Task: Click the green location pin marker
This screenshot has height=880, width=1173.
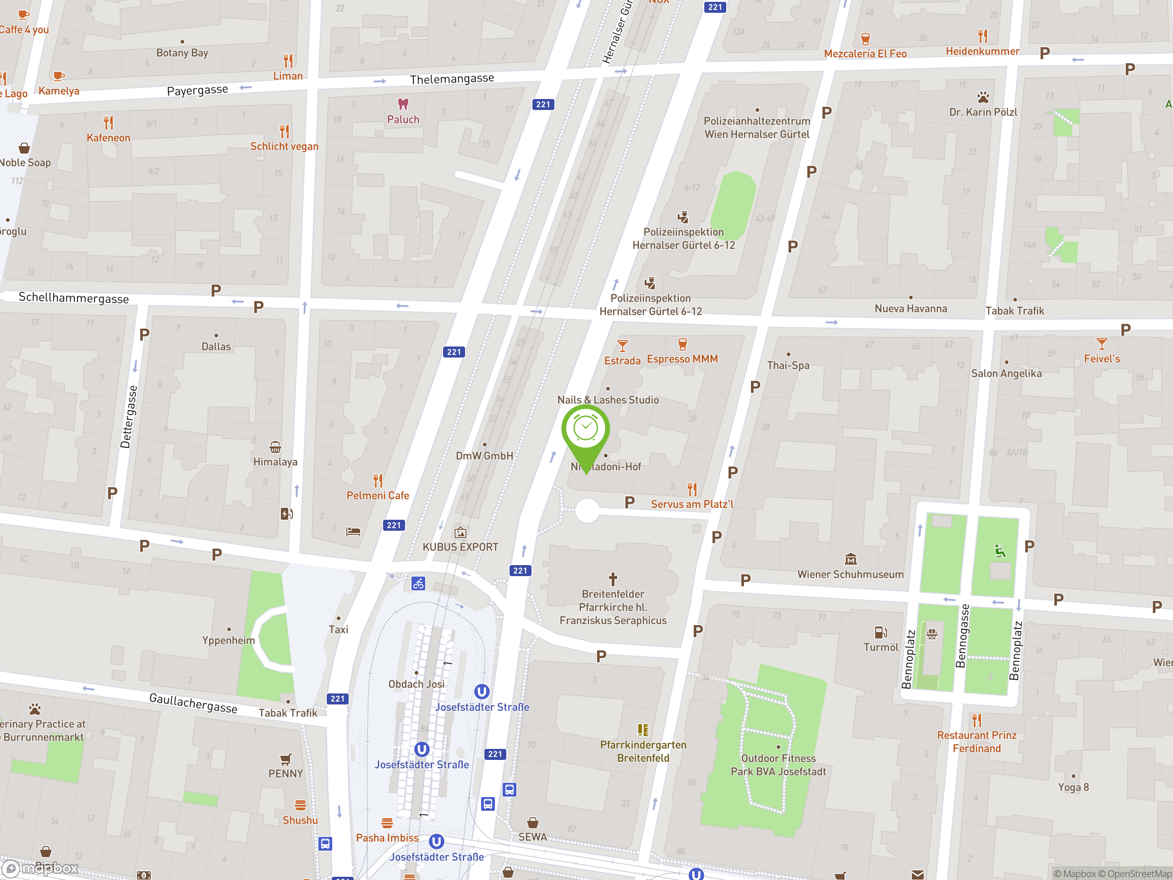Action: [x=586, y=430]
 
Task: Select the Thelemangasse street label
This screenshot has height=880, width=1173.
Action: [x=452, y=79]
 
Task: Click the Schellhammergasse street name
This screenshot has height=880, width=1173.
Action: [x=74, y=297]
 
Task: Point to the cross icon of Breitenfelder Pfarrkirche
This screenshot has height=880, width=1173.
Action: [x=613, y=579]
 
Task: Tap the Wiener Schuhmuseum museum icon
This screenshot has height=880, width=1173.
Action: [x=850, y=559]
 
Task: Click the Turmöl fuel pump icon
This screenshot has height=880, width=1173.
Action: [x=880, y=632]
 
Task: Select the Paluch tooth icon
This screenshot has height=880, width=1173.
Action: [x=403, y=104]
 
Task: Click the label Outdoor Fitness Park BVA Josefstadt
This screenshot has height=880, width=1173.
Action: [x=778, y=765]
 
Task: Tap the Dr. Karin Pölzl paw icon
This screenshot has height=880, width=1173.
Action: [x=983, y=98]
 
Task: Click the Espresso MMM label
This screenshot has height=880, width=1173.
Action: [x=682, y=359]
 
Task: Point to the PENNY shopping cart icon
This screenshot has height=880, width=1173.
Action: [x=285, y=759]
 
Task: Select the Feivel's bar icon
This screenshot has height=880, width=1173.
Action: [x=1102, y=344]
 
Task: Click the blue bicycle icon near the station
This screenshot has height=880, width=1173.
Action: [x=418, y=583]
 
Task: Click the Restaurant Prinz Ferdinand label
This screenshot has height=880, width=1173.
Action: [x=976, y=742]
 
